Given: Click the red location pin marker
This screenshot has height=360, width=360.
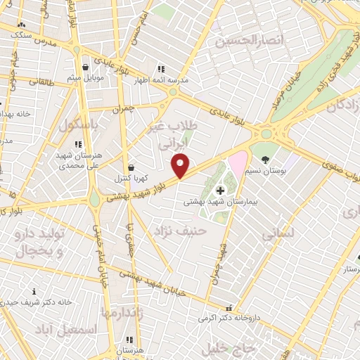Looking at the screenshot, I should click(181, 165).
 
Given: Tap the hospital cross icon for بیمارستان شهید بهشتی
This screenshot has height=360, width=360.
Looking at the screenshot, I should click(220, 190).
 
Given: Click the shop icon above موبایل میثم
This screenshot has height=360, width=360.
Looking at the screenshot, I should click(86, 67).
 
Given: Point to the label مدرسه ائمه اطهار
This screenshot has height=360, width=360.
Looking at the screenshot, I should click(163, 80).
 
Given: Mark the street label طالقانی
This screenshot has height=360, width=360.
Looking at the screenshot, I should click(34, 82).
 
